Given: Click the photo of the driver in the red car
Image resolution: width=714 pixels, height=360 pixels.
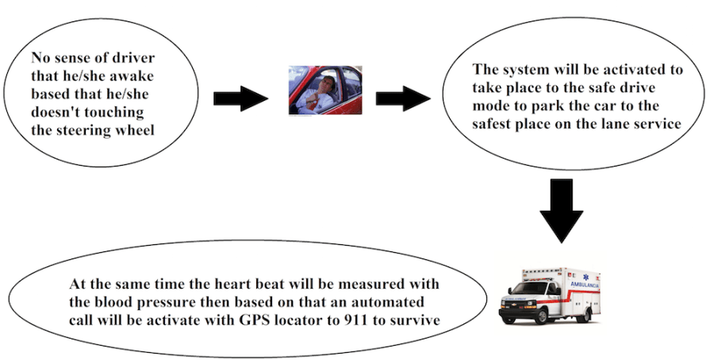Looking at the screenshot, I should tap(324, 90).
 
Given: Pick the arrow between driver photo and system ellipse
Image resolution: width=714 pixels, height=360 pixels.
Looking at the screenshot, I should tap(403, 98).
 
